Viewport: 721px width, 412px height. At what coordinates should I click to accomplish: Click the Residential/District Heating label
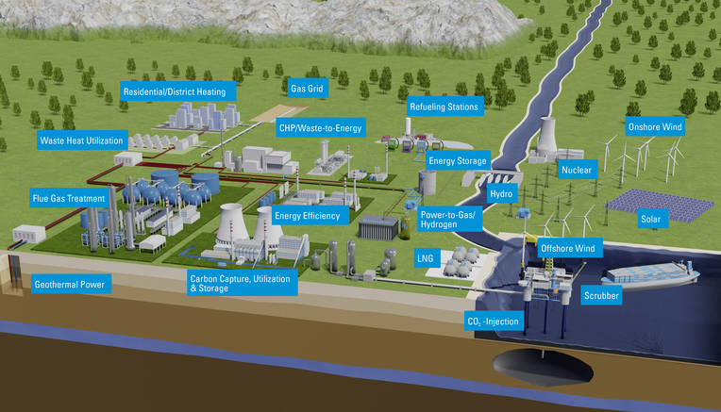pyautogui.click(x=178, y=91)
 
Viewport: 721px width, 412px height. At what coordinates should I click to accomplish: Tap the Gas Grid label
pyautogui.click(x=307, y=89)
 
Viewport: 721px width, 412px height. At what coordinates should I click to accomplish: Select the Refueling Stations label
pyautogui.click(x=444, y=107)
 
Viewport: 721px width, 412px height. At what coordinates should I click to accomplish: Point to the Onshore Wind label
pyautogui.click(x=655, y=126)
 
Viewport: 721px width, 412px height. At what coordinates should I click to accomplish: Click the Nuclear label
pyautogui.click(x=577, y=170)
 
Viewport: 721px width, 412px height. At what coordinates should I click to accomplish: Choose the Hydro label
pyautogui.click(x=501, y=194)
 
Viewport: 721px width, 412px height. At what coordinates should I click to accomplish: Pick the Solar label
pyautogui.click(x=651, y=219)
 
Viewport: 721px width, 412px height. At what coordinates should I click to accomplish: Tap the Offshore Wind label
pyautogui.click(x=568, y=249)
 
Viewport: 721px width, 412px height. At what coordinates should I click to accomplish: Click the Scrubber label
pyautogui.click(x=601, y=296)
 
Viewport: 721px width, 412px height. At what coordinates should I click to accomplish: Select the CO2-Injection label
pyautogui.click(x=494, y=321)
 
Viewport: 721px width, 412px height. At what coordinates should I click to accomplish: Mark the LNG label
pyautogui.click(x=426, y=258)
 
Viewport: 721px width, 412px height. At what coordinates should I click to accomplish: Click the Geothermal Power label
pyautogui.click(x=70, y=285)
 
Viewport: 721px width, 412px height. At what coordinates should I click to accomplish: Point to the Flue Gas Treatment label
pyautogui.click(x=69, y=198)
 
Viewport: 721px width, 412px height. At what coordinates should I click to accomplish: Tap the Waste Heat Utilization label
pyautogui.click(x=82, y=140)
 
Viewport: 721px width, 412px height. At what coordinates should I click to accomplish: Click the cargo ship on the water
pyautogui.click(x=650, y=274)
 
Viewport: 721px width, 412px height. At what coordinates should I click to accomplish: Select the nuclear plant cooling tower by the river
pyautogui.click(x=546, y=134)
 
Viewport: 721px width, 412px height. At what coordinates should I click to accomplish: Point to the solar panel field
pyautogui.click(x=661, y=206)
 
